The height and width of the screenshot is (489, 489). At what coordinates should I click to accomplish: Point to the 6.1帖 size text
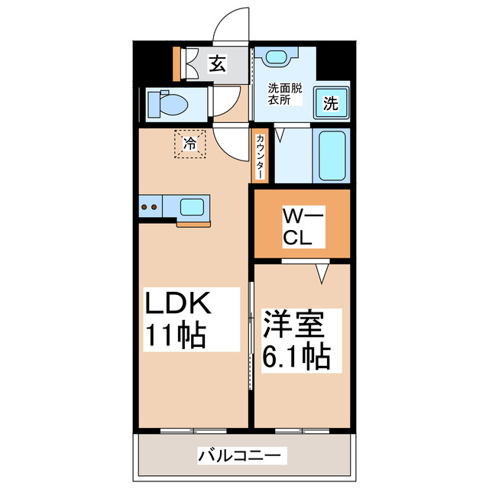pyautogui.click(x=297, y=355)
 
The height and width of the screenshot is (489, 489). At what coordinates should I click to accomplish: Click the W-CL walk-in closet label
pyautogui.click(x=303, y=227)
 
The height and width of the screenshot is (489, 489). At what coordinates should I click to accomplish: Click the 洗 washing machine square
pyautogui.click(x=330, y=103)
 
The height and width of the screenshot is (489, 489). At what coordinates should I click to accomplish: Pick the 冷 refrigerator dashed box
pyautogui.click(x=189, y=143)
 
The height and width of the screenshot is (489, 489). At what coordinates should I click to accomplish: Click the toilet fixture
pyautogui.click(x=169, y=104)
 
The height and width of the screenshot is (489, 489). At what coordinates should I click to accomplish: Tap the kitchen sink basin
pyautogui.click(x=192, y=206)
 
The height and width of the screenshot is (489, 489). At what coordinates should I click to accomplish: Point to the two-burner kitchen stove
pyautogui.click(x=150, y=206)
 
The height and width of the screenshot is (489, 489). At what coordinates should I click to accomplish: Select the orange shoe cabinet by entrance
pyautogui.click(x=177, y=64)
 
